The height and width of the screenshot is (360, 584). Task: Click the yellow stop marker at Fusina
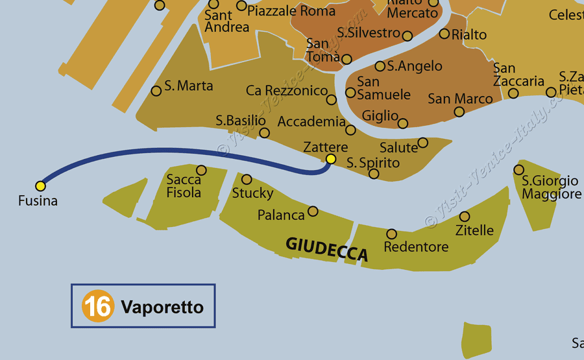pos(40,186)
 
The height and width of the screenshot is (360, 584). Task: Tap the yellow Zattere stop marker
pos(331,159)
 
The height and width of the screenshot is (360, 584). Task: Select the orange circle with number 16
pos(97,306)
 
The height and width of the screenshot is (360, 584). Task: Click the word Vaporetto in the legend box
pos(162,307)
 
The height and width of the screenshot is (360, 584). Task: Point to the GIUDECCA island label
pos(327,249)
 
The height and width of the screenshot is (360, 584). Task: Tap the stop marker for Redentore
pos(391,234)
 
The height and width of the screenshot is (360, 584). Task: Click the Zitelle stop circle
pos(464,217)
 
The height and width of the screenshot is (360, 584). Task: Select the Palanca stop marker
pos(313,211)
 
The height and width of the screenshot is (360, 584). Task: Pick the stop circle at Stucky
pos(247,180)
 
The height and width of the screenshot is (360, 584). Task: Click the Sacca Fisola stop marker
pos(201,171)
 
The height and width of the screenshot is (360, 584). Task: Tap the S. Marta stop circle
pos(156,91)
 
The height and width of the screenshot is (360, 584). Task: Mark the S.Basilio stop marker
pos(264,133)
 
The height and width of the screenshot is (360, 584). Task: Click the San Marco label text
pos(460,99)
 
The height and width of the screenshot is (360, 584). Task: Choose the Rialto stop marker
pos(444,34)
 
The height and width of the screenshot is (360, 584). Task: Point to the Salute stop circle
pos(422,143)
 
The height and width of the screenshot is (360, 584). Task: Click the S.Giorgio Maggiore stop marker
pos(518,170)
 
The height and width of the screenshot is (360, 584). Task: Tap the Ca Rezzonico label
pos(287,91)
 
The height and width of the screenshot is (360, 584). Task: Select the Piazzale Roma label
pos(291,10)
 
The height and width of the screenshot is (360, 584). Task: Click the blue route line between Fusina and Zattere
pos(162,152)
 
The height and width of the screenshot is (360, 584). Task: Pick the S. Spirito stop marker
pos(374,174)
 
